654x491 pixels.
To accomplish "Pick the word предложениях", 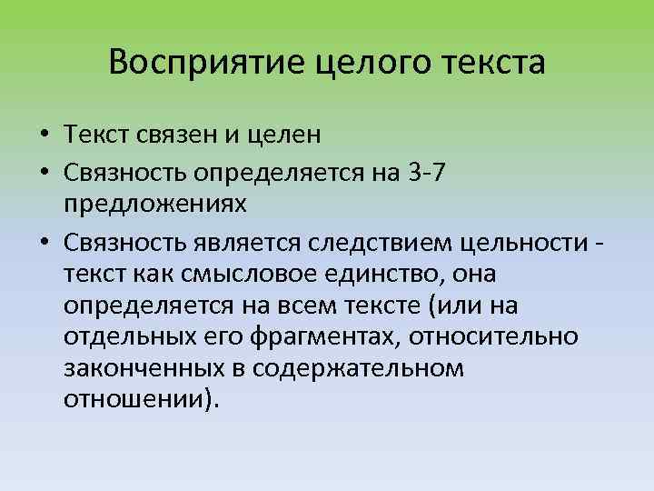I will tap(155, 204).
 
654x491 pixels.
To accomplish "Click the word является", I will tap(250, 238).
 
